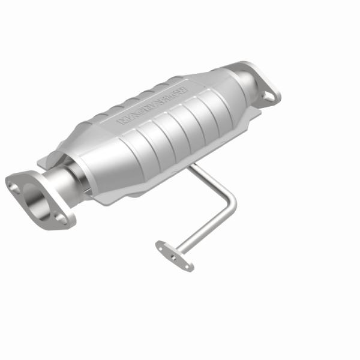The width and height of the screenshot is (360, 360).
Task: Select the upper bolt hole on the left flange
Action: click(14, 187)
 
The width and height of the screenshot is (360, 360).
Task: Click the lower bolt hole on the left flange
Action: click(62, 220)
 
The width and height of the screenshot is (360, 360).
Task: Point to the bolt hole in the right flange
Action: click(268, 94)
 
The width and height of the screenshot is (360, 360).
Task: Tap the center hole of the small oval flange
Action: click(174, 254)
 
